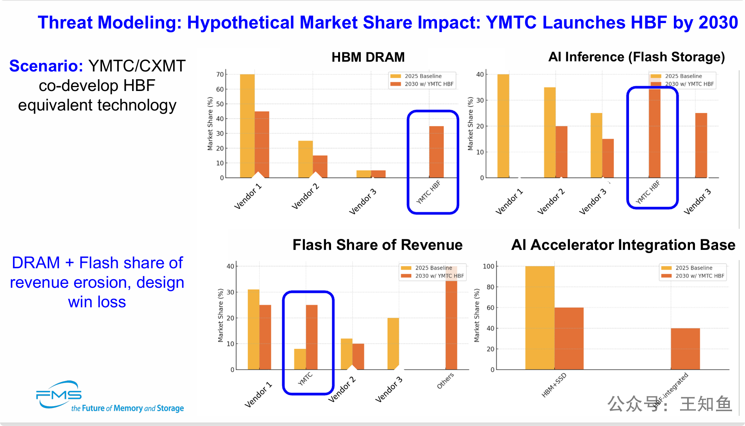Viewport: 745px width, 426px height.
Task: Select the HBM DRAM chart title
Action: click(x=368, y=57)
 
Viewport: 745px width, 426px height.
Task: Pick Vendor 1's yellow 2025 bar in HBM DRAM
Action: click(x=247, y=125)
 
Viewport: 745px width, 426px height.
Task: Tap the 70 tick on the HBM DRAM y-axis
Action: click(x=220, y=74)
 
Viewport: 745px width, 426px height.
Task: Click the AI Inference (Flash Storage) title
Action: click(x=636, y=57)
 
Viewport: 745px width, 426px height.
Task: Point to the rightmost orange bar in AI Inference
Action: click(x=701, y=145)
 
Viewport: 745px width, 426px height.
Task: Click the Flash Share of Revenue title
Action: click(x=377, y=245)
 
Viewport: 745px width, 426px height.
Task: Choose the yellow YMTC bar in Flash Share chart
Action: click(x=300, y=359)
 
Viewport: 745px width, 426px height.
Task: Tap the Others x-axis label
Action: click(x=445, y=381)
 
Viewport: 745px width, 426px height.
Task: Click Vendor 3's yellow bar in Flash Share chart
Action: click(x=393, y=343)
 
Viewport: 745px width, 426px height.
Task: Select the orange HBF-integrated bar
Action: click(x=685, y=349)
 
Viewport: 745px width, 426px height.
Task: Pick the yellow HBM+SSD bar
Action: click(x=539, y=317)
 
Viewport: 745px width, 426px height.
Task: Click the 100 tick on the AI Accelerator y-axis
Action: click(x=488, y=266)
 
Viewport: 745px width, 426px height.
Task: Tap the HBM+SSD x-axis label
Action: click(x=554, y=385)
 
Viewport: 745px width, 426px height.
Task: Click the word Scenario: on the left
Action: click(x=46, y=66)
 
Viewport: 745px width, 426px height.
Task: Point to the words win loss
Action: click(x=97, y=302)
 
